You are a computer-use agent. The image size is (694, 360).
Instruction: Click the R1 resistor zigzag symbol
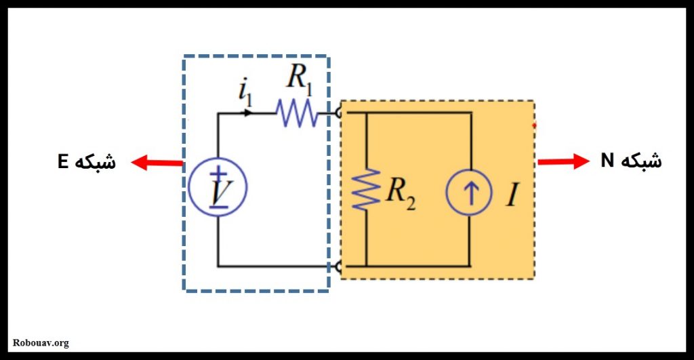[x=297, y=113]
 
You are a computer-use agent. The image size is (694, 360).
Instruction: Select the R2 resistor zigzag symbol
[x=366, y=189]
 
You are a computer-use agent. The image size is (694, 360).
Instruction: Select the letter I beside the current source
[x=513, y=194]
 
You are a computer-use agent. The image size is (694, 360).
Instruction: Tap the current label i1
[x=245, y=92]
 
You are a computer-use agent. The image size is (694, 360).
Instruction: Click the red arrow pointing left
[x=157, y=163]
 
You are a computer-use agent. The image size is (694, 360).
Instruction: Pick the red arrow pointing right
[x=563, y=161]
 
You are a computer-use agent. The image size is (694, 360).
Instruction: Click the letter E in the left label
[x=63, y=161]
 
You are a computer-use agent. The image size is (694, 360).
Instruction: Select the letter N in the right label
[x=607, y=160]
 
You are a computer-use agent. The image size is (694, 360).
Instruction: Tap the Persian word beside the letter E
[x=95, y=161]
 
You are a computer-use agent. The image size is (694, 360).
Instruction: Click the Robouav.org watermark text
[x=41, y=343]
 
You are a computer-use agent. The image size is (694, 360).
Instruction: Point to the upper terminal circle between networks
[x=339, y=113]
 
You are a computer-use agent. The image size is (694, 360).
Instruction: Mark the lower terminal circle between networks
[x=339, y=266]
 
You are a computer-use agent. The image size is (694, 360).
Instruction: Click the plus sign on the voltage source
[x=218, y=174]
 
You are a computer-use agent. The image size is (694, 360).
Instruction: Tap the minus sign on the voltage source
[x=218, y=207]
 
